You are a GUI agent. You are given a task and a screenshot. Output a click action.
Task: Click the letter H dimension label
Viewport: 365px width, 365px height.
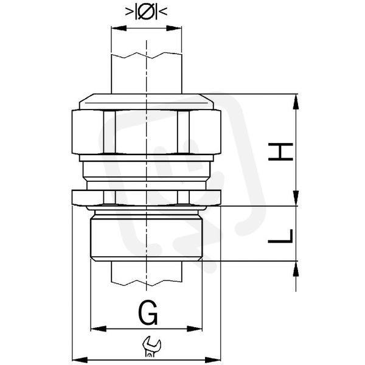tap(280, 151)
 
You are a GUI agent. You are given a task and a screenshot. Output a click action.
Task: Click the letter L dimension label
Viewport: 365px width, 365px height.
tap(280, 236)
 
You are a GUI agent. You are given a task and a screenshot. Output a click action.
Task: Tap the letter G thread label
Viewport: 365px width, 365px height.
tap(148, 313)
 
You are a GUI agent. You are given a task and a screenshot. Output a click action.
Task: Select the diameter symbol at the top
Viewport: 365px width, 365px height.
tap(146, 11)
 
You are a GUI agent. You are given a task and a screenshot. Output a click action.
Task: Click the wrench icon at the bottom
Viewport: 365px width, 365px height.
tap(151, 346)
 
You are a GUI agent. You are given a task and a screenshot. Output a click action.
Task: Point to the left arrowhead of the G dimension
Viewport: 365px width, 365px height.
tap(98, 329)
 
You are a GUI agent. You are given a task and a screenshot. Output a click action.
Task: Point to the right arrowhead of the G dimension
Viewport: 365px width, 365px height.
tap(195, 329)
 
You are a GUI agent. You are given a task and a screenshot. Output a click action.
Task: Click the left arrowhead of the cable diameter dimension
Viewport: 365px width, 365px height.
tap(119, 29)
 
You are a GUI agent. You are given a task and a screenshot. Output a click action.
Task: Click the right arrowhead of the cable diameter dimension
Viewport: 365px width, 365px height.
tap(174, 29)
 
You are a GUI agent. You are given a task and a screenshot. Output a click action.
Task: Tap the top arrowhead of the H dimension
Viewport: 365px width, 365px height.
tap(296, 102)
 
